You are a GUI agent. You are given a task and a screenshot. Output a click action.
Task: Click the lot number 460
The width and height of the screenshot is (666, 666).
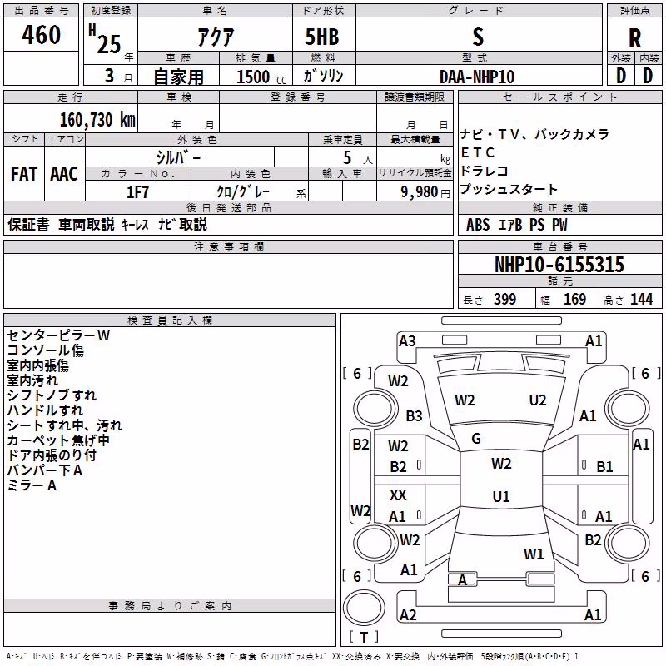pyautogui.click(x=41, y=35)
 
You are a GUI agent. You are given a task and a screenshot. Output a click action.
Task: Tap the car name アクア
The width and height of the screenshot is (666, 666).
pyautogui.click(x=216, y=37)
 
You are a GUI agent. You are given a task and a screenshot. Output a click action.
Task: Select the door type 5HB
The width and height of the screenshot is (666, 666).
pyautogui.click(x=322, y=37)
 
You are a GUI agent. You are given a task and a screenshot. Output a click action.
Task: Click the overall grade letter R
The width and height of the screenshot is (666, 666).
pyautogui.click(x=634, y=38)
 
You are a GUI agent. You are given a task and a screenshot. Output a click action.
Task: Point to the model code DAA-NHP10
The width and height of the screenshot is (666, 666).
pyautogui.click(x=477, y=77)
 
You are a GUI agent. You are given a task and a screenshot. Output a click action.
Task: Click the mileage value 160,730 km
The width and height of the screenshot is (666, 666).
pyautogui.click(x=97, y=120)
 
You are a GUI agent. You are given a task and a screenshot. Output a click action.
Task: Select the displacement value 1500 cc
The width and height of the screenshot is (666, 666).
pyautogui.click(x=261, y=77)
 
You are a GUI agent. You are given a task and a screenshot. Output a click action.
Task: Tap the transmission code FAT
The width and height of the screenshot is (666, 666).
pyautogui.click(x=24, y=174)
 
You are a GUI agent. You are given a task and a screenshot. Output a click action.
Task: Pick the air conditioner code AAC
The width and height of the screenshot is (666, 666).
pyautogui.click(x=64, y=174)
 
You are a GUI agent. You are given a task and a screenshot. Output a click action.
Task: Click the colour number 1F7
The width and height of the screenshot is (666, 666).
pyautogui.click(x=137, y=192)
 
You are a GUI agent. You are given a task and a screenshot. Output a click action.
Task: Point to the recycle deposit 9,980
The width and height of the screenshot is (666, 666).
pyautogui.click(x=420, y=192)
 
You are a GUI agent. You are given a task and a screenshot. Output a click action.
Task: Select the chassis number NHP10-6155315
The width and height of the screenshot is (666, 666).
pyautogui.click(x=559, y=265)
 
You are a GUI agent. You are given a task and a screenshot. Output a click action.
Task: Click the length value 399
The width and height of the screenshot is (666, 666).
pyautogui.click(x=505, y=300)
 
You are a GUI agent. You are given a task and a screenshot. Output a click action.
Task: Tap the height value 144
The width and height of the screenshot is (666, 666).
pyautogui.click(x=641, y=300)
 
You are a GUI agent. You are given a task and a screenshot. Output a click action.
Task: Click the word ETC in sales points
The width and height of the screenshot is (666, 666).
pyautogui.click(x=477, y=152)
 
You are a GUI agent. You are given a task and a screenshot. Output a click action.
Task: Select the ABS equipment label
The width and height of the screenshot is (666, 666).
pyautogui.click(x=478, y=225)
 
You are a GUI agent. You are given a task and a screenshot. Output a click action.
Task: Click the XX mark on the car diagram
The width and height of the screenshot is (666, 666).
pyautogui.click(x=398, y=495)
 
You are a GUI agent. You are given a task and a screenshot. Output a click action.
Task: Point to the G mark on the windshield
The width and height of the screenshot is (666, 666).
pyautogui.click(x=476, y=439)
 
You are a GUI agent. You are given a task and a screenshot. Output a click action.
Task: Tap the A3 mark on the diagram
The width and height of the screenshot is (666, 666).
pyautogui.click(x=407, y=341)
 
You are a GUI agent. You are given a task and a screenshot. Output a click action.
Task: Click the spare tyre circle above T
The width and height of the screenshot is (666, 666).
pyautogui.click(x=364, y=608)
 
